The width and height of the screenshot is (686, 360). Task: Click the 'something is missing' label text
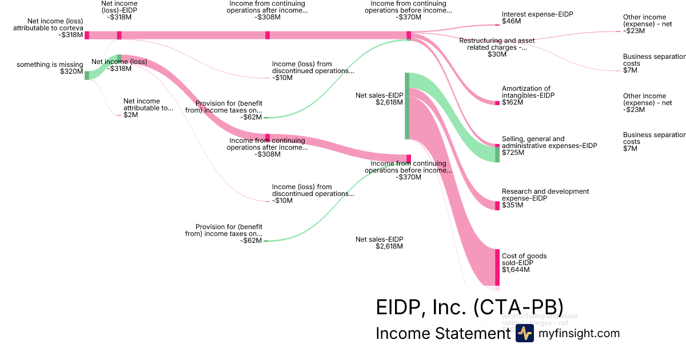pos(50,65)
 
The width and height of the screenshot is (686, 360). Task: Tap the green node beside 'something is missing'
pos(87,75)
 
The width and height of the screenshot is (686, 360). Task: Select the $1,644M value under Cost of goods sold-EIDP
pos(516,269)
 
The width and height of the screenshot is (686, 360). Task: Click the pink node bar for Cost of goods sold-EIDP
pos(497,267)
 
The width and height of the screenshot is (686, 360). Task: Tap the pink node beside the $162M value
pos(497,102)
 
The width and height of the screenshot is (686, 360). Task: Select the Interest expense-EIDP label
pos(537,14)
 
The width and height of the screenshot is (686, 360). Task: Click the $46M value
pos(511,21)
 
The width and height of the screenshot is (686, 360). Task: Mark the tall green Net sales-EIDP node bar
pos(407,106)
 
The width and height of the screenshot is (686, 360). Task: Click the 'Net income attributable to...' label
pos(147,105)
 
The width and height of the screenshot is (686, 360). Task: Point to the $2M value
pos(130,115)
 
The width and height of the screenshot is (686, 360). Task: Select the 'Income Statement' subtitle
pos(442,333)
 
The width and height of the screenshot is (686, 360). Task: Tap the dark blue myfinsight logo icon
pos(524,334)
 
